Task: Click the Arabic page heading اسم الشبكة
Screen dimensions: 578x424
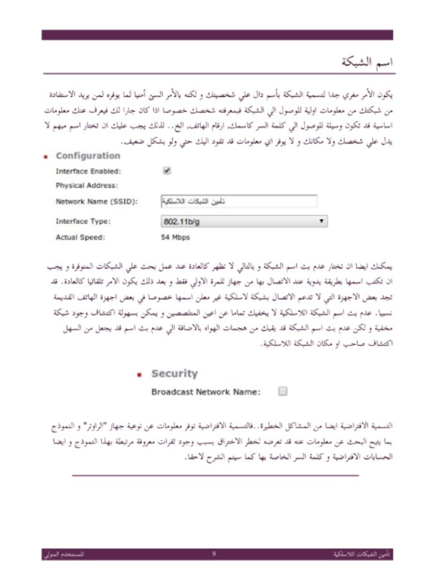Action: [367, 63]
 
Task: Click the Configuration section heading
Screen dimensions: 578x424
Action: [88, 156]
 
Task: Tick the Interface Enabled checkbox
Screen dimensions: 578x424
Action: [167, 171]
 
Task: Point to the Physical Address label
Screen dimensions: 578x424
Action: [87, 186]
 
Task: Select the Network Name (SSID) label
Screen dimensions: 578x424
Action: [96, 202]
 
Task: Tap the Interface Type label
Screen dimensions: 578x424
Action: [83, 221]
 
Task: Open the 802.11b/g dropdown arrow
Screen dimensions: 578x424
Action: [321, 221]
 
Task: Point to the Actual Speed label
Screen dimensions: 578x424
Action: [80, 237]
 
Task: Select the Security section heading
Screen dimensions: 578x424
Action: [174, 373]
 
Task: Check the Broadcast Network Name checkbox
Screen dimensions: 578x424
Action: [283, 390]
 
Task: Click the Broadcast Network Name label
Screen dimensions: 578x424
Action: [206, 391]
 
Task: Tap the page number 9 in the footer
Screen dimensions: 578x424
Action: [214, 553]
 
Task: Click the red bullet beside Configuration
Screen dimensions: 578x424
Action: [46, 157]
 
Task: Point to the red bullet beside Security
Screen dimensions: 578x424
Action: [139, 374]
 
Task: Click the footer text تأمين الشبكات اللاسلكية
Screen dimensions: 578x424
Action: [365, 553]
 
